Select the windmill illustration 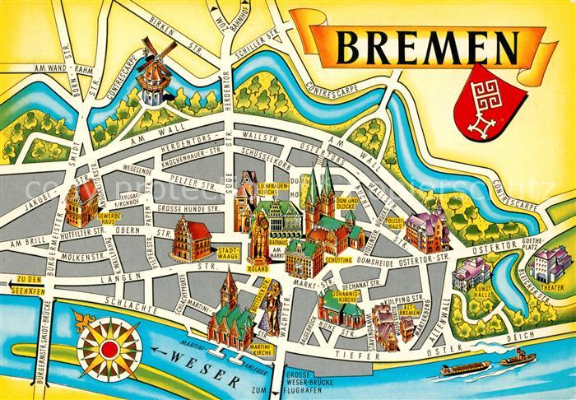pos(151,74)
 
